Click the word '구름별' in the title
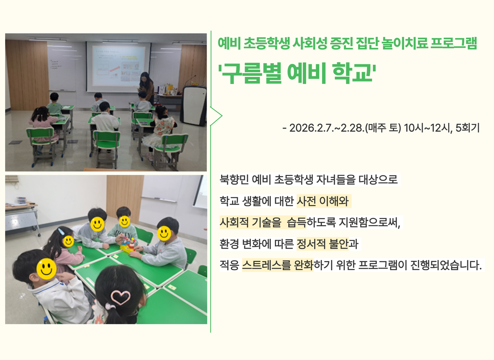251,73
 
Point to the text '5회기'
467,128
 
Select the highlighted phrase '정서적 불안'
322,244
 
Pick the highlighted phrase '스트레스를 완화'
278,265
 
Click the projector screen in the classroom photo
119,66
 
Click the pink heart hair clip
121,297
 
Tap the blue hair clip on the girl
61,232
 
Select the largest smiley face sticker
47,269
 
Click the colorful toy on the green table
128,244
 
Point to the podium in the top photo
193,106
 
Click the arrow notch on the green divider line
222,116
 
